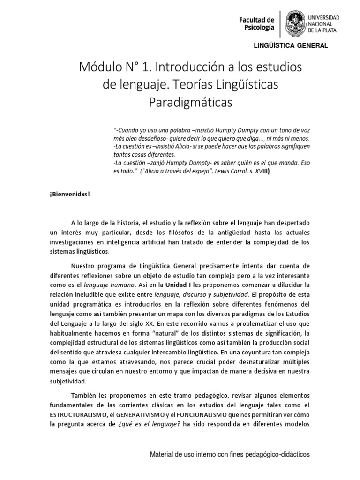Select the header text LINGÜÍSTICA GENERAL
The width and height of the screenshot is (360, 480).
(291, 45)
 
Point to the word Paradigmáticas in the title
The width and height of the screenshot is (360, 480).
(190, 102)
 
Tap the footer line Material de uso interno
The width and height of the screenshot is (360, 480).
(230, 454)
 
